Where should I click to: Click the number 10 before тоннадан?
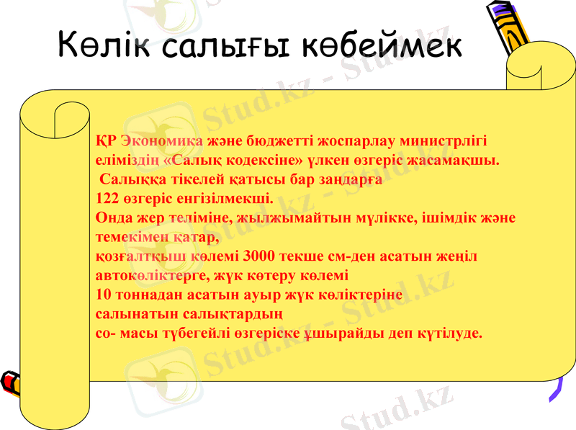pos(103,295)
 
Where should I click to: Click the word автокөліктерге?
pos(157,275)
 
